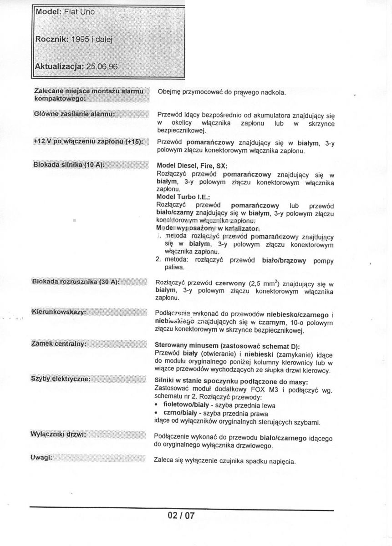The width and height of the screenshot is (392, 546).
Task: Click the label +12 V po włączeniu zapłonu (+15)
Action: (x=88, y=142)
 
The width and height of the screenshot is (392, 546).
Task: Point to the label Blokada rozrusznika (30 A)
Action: (x=76, y=282)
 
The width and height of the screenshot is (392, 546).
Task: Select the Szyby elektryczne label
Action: (x=61, y=379)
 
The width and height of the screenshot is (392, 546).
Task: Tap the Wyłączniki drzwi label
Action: (x=59, y=434)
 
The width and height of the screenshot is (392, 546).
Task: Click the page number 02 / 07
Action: (x=181, y=516)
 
